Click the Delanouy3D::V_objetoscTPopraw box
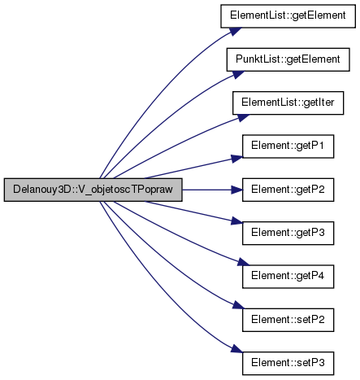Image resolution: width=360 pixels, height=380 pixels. (93, 190)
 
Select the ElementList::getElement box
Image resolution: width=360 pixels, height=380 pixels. (288, 16)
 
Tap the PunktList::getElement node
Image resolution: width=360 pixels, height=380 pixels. (288, 59)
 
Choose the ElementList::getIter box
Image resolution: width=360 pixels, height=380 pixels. (288, 103)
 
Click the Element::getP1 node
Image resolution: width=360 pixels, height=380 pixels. (288, 146)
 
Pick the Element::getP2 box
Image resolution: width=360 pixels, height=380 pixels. (288, 190)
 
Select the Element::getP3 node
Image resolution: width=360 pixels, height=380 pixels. (288, 234)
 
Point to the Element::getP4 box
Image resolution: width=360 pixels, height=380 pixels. (288, 277)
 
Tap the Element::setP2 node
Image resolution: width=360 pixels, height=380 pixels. (288, 320)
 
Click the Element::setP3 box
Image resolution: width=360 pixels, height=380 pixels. (288, 364)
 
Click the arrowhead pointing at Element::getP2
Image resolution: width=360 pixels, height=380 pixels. (237, 190)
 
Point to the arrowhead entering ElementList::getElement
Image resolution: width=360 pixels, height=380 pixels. (236, 32)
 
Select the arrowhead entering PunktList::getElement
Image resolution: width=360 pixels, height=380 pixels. (238, 75)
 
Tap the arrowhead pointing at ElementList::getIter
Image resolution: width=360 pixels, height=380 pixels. (243, 118)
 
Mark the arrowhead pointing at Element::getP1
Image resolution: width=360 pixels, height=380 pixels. (237, 159)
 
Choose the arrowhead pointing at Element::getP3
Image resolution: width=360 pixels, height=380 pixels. (237, 221)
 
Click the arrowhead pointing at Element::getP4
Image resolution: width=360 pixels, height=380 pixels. (243, 262)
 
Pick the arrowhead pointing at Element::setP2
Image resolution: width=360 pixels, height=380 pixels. (238, 305)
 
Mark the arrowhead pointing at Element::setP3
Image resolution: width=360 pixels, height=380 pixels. (237, 349)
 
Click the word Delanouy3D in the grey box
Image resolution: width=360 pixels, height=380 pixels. (38, 190)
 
